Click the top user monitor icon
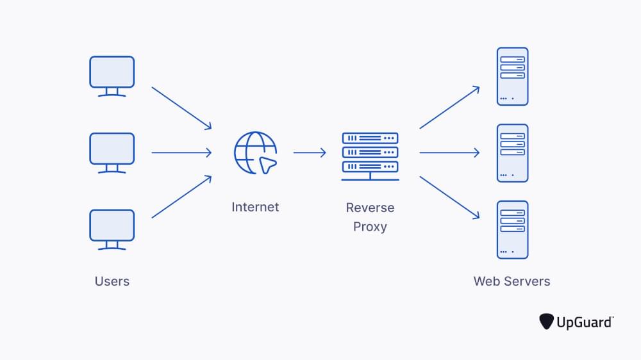click(x=112, y=75)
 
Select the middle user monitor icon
click(x=112, y=152)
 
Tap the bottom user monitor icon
click(x=112, y=229)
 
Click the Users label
click(x=112, y=281)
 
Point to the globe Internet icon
click(x=256, y=152)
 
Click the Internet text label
click(x=255, y=207)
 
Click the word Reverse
click(x=370, y=208)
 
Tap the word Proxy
click(x=370, y=227)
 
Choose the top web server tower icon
click(x=512, y=76)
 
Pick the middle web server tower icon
click(x=512, y=153)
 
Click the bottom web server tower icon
click(x=512, y=229)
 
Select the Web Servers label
click(x=512, y=281)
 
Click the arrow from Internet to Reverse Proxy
click(x=310, y=152)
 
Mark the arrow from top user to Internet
click(x=181, y=108)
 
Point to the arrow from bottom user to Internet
click(x=181, y=197)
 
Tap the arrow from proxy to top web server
click(x=449, y=108)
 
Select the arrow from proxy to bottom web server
click(x=449, y=197)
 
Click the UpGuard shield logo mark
click(x=547, y=321)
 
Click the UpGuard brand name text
click(x=584, y=322)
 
